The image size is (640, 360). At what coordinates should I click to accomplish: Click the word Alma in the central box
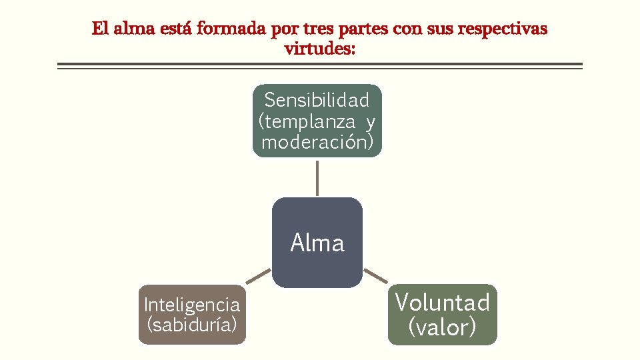(x=317, y=243)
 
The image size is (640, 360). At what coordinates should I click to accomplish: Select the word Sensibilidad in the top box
(x=317, y=101)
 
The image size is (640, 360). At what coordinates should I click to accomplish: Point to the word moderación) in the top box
(x=317, y=142)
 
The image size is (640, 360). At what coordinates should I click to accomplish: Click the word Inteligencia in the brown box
(x=192, y=305)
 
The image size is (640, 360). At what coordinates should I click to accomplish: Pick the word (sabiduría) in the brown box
(x=192, y=325)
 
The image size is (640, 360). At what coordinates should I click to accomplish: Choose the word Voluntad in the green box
(x=443, y=303)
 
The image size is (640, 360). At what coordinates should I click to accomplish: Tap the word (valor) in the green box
(x=443, y=327)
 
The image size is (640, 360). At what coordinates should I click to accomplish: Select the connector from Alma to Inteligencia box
(x=258, y=277)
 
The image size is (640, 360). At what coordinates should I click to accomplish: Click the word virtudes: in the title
(x=320, y=49)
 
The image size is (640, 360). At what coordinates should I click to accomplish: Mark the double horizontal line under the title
(x=320, y=66)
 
